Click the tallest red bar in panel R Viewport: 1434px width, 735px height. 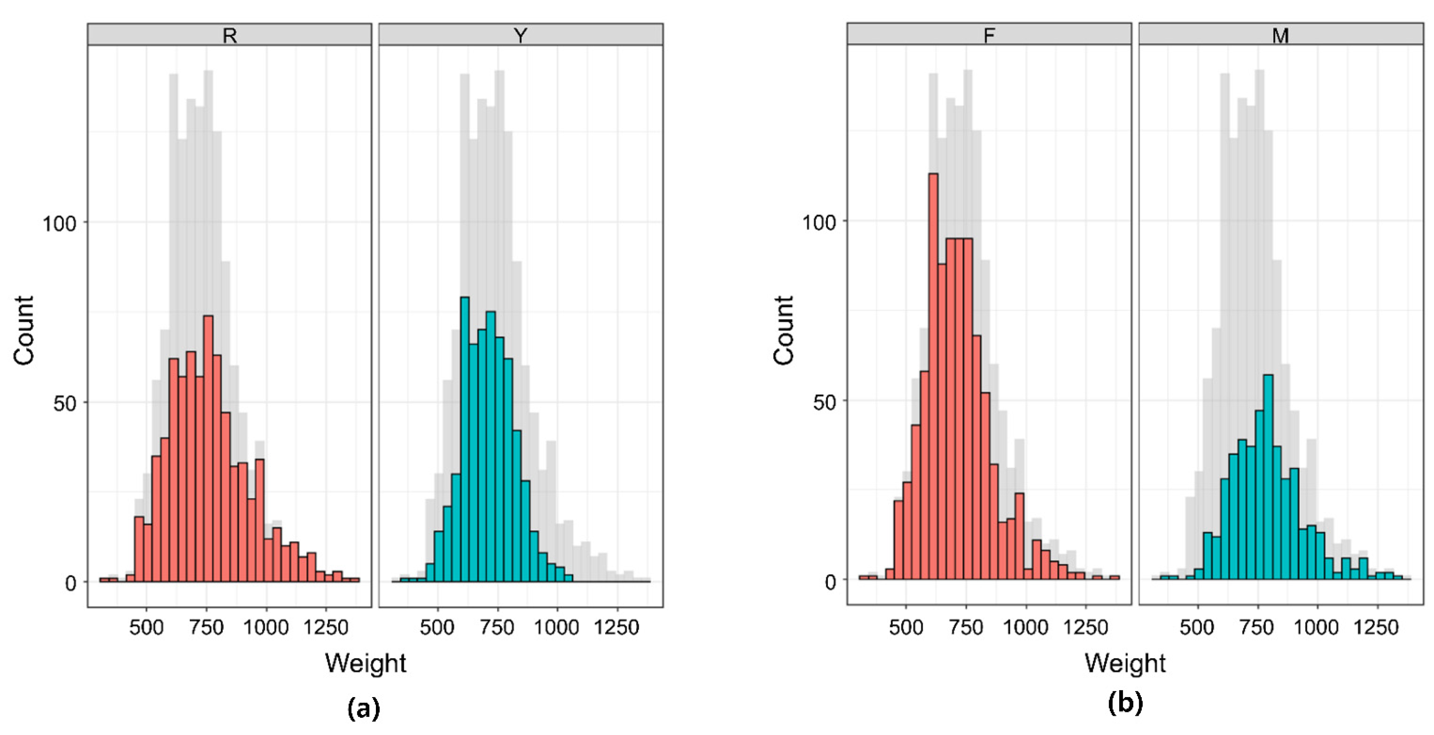[208, 446]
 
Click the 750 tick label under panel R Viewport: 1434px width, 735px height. [206, 627]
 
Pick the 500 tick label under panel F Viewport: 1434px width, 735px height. [906, 627]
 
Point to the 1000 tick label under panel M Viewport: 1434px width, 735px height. [1316, 627]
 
